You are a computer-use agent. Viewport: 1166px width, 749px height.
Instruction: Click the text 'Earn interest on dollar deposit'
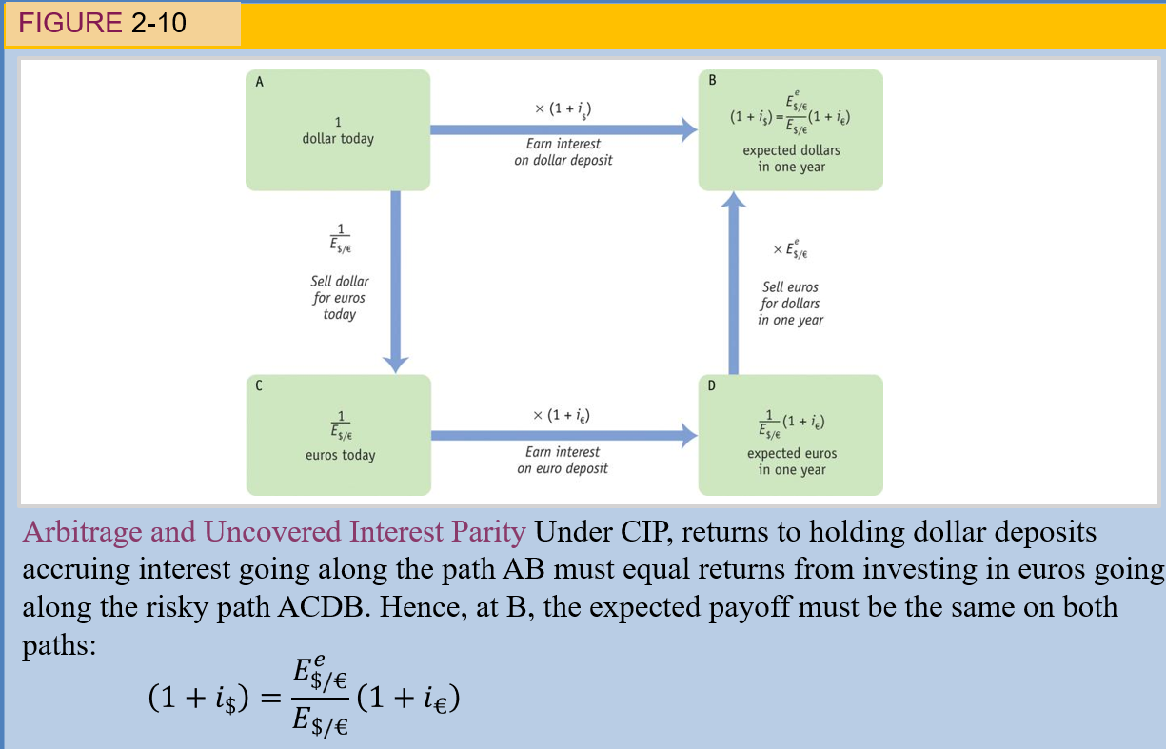point(563,152)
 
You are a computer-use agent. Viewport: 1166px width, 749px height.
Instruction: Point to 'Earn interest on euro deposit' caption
point(563,460)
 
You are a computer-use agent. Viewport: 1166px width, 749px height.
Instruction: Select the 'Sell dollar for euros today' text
point(340,298)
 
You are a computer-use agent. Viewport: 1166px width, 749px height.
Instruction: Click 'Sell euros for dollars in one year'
point(790,304)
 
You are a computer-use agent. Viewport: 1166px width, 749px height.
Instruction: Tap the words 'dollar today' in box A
point(338,139)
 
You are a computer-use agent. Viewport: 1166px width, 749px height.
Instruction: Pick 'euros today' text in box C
point(340,455)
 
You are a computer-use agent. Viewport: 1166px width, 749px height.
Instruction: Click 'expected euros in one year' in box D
point(792,462)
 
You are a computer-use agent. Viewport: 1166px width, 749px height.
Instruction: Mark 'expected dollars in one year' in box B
point(792,158)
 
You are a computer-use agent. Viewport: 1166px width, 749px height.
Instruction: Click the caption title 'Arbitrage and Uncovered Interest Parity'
point(274,532)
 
